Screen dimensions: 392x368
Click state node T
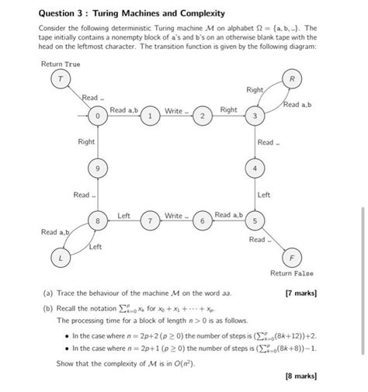(x=57, y=80)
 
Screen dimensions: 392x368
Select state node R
(x=292, y=80)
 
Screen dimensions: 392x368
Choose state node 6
(x=202, y=220)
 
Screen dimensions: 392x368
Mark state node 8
(x=98, y=220)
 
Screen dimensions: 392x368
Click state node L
(x=57, y=256)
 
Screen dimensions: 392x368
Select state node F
(x=292, y=256)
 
